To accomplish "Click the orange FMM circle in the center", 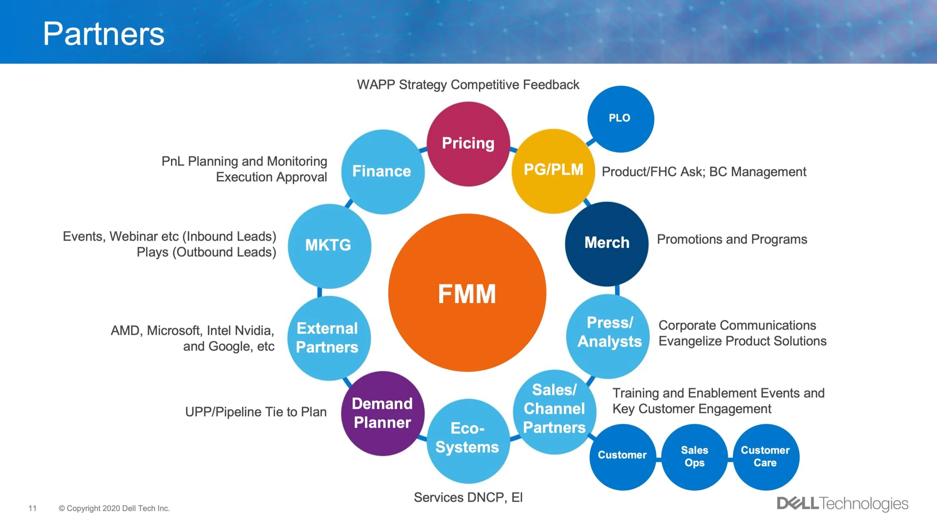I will tap(467, 293).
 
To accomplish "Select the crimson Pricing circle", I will tap(468, 144).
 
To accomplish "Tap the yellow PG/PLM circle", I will tap(553, 171).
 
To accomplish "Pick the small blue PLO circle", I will tap(620, 119).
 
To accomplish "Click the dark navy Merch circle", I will tap(607, 244).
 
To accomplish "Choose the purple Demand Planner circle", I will tap(382, 413).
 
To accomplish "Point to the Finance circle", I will tap(382, 172).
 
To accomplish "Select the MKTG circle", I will tap(329, 246).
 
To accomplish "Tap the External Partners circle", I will tap(328, 338).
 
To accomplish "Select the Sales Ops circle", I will tap(695, 457).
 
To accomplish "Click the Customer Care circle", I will tap(766, 457).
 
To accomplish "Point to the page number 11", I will tap(33, 508).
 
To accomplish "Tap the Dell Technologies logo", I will tap(842, 504).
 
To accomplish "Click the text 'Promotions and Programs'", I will tap(732, 239).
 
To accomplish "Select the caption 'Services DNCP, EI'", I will tap(468, 498).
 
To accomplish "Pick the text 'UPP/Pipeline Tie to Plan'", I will tap(256, 412).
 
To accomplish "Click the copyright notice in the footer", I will tap(114, 508).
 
